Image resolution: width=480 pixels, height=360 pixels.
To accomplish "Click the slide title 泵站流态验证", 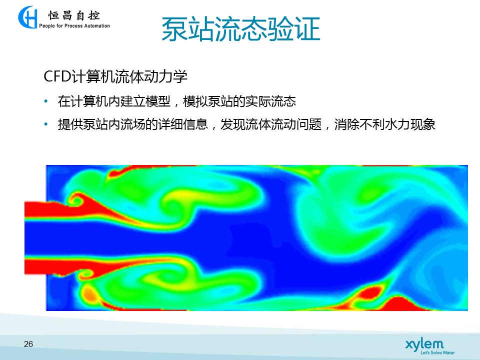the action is pos(240,29).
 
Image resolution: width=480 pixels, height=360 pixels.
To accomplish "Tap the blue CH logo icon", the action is pos(27,17).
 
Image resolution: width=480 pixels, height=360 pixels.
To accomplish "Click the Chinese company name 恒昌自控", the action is pos(74,15).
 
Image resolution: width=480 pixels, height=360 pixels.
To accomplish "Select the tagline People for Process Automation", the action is pos(74,26).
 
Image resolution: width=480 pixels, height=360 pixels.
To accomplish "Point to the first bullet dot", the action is pos(46,101).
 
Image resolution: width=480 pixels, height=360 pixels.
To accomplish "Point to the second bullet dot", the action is pos(46,124).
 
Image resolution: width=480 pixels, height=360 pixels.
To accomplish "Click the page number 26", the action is pos(28,344).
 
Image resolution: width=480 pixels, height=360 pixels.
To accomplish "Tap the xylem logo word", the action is pos(424,344).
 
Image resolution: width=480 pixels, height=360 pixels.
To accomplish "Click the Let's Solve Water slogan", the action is pos(437,352).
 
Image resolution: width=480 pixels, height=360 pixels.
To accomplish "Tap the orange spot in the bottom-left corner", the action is pos(89,294).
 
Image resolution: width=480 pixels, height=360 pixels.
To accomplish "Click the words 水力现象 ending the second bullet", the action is pos(409,124).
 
